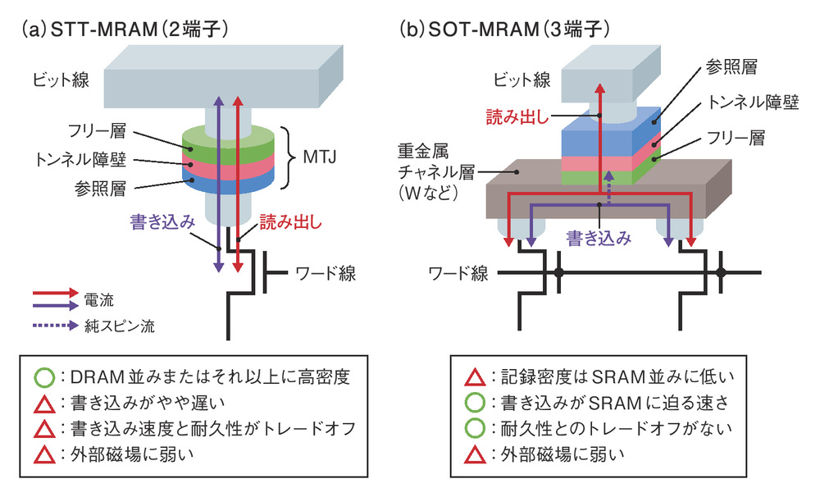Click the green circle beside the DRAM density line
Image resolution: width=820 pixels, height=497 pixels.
(45, 378)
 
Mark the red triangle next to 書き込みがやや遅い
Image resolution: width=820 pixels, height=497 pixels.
(45, 403)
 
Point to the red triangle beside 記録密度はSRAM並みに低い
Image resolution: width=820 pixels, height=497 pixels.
(475, 378)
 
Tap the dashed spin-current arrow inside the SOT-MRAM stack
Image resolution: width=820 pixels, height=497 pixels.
(608, 181)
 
